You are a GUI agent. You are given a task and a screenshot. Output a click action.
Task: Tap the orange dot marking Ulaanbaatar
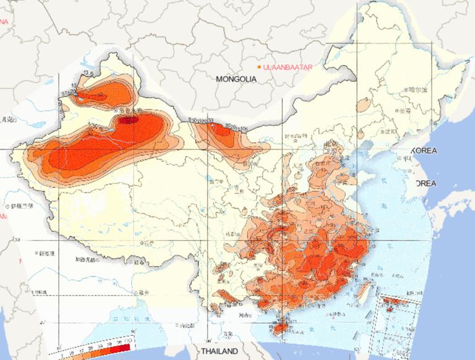tap(259, 66)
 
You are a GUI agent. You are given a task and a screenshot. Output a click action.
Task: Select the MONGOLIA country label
tap(236, 79)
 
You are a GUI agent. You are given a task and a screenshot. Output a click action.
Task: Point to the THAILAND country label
tap(220, 351)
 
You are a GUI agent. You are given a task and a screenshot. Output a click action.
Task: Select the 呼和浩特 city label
tap(296, 135)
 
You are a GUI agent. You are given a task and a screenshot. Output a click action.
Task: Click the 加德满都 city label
tap(84, 260)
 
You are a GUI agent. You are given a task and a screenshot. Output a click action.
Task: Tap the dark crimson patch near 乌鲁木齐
tap(127, 120)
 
